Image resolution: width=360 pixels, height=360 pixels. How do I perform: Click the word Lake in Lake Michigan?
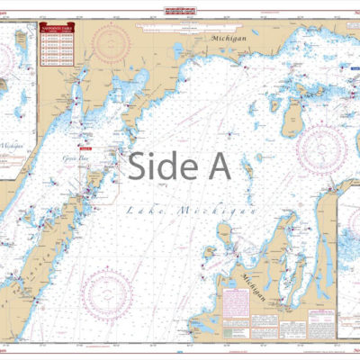coord(143,210)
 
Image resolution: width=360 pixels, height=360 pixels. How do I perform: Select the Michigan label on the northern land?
coord(229,40)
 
